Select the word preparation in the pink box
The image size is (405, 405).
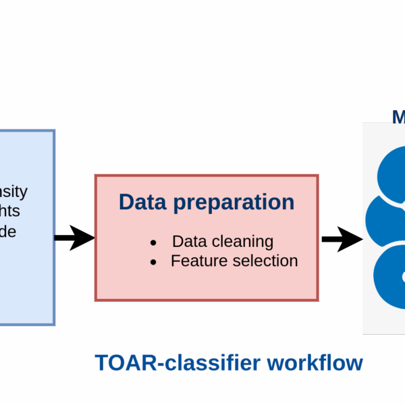click(x=234, y=203)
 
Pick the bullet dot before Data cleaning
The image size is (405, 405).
click(x=153, y=242)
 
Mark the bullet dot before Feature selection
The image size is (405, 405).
click(x=153, y=261)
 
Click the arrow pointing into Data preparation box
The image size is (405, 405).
click(x=74, y=238)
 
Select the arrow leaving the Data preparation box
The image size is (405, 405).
click(x=341, y=239)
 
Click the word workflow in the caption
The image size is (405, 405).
click(x=315, y=362)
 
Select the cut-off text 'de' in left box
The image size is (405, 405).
click(x=8, y=231)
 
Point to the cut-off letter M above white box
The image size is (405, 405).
click(x=398, y=117)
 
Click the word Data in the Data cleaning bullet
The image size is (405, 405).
click(x=187, y=242)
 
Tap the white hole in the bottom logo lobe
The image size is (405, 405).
click(x=403, y=277)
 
